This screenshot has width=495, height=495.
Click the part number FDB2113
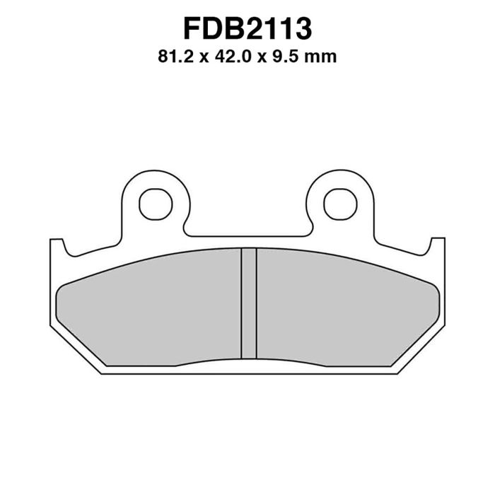248,29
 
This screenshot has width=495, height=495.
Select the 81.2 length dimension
175,57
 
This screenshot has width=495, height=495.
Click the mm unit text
320,59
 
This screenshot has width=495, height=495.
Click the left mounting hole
156,204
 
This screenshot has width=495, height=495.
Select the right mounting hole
340,204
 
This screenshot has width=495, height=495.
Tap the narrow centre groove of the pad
249,303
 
